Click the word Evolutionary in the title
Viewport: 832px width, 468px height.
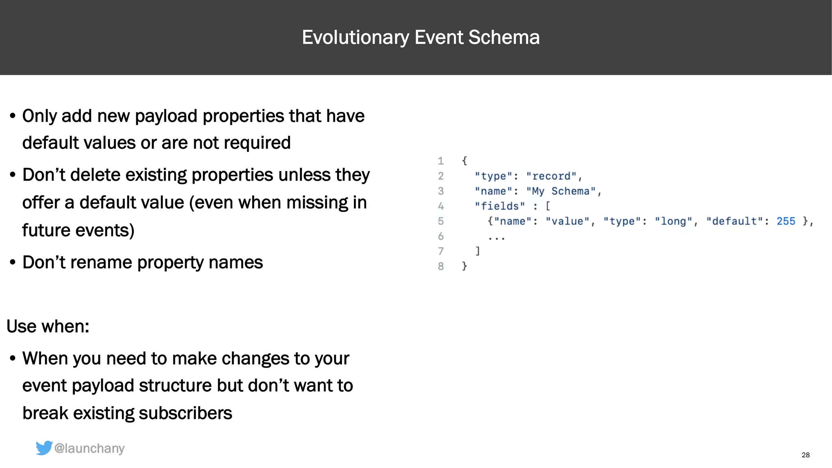click(x=355, y=37)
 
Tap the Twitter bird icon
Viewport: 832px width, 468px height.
click(x=44, y=448)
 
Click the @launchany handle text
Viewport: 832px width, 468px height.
click(x=89, y=448)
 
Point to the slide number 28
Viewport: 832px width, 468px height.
click(x=806, y=455)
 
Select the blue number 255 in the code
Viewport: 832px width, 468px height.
click(x=786, y=221)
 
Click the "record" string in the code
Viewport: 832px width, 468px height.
click(x=551, y=176)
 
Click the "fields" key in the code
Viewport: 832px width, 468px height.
click(x=500, y=206)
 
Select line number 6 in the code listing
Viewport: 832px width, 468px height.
click(x=441, y=236)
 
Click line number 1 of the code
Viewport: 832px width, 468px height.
click(x=441, y=161)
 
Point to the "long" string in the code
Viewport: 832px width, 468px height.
click(x=673, y=221)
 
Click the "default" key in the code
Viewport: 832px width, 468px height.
click(x=734, y=221)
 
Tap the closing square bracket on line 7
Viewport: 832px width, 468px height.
click(x=478, y=251)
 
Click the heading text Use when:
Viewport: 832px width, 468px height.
click(x=48, y=326)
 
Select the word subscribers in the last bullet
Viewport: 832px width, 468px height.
click(x=185, y=413)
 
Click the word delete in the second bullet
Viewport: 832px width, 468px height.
click(x=95, y=175)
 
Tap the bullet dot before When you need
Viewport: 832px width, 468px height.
click(x=13, y=359)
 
